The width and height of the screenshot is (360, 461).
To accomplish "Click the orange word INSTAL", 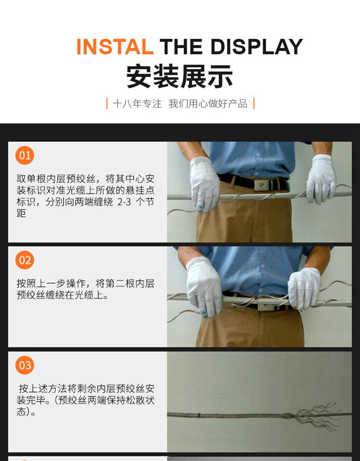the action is (x=115, y=47).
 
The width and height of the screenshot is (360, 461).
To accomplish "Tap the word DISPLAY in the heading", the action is (x=257, y=47).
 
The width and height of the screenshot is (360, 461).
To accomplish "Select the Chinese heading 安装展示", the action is (x=180, y=77).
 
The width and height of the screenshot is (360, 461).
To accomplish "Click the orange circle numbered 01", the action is (x=25, y=155).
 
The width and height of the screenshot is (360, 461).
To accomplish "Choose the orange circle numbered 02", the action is (x=25, y=260).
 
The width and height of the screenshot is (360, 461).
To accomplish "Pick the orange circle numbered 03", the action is (x=25, y=365).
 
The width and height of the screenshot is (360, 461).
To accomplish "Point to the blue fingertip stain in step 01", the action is (x=200, y=208).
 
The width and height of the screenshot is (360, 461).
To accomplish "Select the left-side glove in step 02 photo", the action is (x=204, y=287).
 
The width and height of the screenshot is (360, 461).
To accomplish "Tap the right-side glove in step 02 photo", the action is (x=304, y=288).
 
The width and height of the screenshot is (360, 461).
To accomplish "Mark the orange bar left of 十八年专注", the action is (x=107, y=104).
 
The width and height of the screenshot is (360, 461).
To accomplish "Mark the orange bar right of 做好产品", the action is (x=254, y=104).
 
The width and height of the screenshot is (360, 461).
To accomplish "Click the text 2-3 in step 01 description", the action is (x=124, y=202).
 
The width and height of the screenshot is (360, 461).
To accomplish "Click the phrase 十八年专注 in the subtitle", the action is (x=137, y=104).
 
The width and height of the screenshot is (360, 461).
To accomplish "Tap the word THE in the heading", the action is (x=181, y=47).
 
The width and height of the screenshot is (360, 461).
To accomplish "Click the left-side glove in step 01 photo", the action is (x=205, y=184).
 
